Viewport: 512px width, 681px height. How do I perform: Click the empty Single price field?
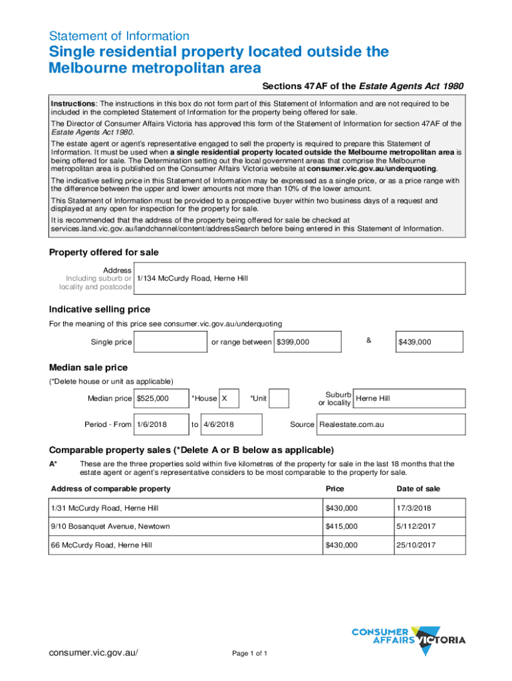pos(171,342)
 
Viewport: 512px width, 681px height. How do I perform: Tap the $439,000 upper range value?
pos(415,342)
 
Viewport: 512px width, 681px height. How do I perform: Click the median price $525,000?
pos(152,398)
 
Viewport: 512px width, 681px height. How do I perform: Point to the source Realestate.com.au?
pos(352,424)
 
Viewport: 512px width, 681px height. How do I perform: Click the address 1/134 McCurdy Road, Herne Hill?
pos(192,278)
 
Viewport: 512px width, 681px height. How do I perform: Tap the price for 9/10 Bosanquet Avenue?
pos(341,527)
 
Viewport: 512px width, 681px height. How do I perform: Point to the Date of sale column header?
pos(418,489)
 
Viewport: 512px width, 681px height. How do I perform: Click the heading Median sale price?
pos(88,368)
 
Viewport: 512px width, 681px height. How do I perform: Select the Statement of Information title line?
pos(120,36)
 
